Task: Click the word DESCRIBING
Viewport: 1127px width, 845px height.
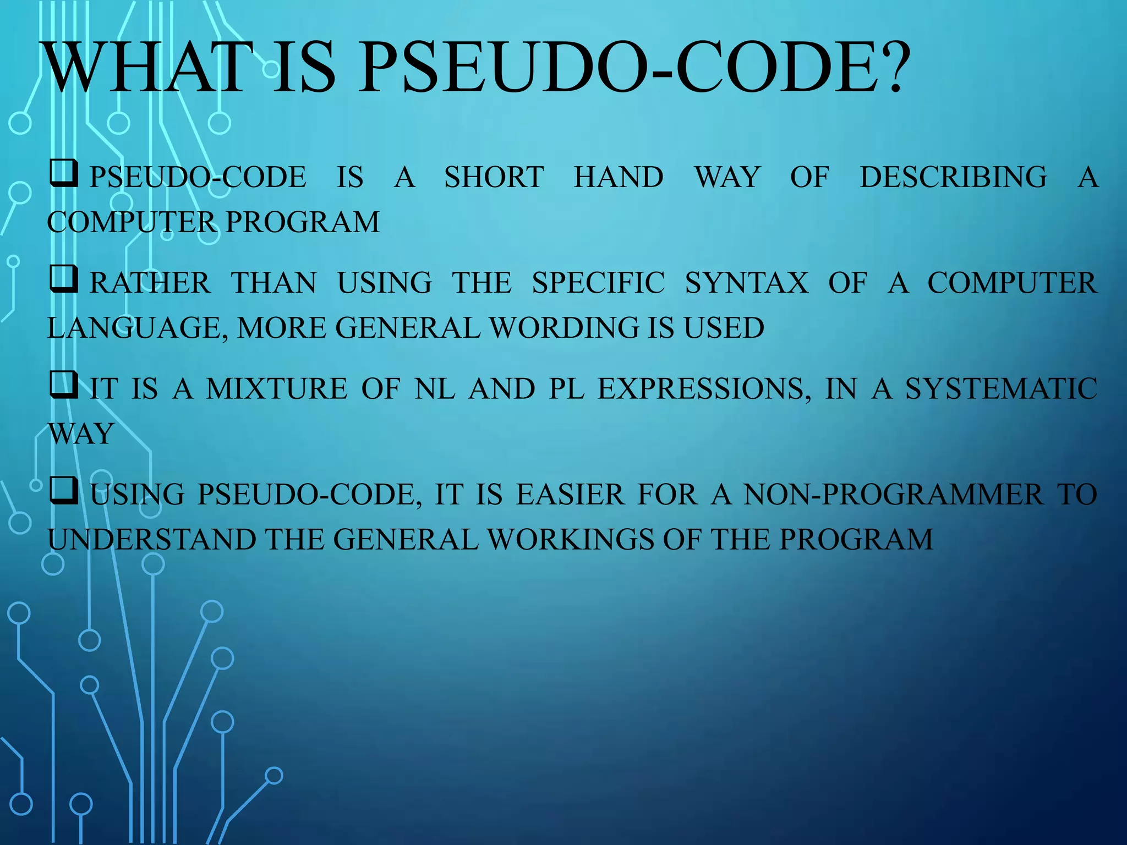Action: tap(953, 177)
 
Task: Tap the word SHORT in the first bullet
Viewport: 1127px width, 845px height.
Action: tap(494, 177)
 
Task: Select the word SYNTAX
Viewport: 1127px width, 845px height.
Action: tap(746, 283)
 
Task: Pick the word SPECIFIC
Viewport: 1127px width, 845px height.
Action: tap(598, 283)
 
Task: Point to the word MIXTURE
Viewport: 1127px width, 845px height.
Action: tap(277, 388)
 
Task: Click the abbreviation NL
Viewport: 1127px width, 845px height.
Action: tap(435, 388)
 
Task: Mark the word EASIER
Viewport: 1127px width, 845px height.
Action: tap(570, 494)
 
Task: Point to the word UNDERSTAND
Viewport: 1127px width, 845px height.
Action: tap(152, 539)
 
